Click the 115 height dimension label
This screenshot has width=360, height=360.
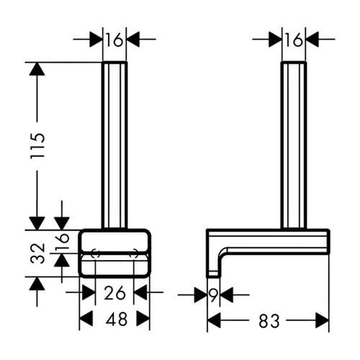click(37, 145)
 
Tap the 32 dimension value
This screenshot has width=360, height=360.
click(37, 253)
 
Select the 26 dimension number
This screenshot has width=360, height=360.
click(114, 293)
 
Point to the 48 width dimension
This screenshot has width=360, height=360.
click(117, 319)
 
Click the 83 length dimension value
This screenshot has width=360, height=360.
click(269, 321)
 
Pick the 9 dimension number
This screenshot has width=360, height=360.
click(213, 294)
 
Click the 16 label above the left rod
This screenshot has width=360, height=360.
click(114, 40)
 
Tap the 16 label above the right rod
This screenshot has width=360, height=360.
click(294, 40)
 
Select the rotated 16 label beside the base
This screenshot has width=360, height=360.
click(63, 241)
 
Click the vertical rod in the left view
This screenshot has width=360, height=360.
click(114, 145)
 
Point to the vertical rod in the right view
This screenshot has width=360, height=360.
click(294, 145)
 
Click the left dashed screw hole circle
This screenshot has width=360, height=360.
click(95, 253)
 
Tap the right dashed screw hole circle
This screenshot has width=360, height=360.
click(133, 253)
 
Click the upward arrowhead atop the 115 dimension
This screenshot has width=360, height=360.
click(37, 69)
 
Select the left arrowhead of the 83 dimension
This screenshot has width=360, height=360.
click(214, 320)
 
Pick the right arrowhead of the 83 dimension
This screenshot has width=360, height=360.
click(322, 320)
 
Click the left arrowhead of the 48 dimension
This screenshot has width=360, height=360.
click(86, 319)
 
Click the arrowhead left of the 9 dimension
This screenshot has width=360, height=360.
click(201, 294)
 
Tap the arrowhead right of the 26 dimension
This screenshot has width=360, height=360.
click(140, 292)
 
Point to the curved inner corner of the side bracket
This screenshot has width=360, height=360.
click(222, 253)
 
